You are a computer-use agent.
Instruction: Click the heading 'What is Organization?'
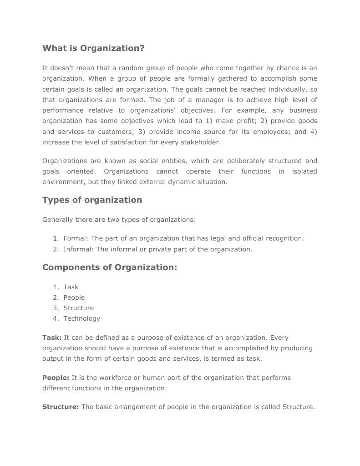[x=93, y=48]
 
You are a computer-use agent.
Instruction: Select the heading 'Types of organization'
[x=92, y=200]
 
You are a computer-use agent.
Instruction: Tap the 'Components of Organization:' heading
[x=109, y=267]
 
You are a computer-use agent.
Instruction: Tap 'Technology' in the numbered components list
[x=81, y=318]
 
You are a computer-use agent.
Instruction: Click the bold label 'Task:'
[x=52, y=338]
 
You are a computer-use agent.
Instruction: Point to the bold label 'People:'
[x=56, y=378]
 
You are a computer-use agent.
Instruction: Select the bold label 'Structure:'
[x=61, y=407]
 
